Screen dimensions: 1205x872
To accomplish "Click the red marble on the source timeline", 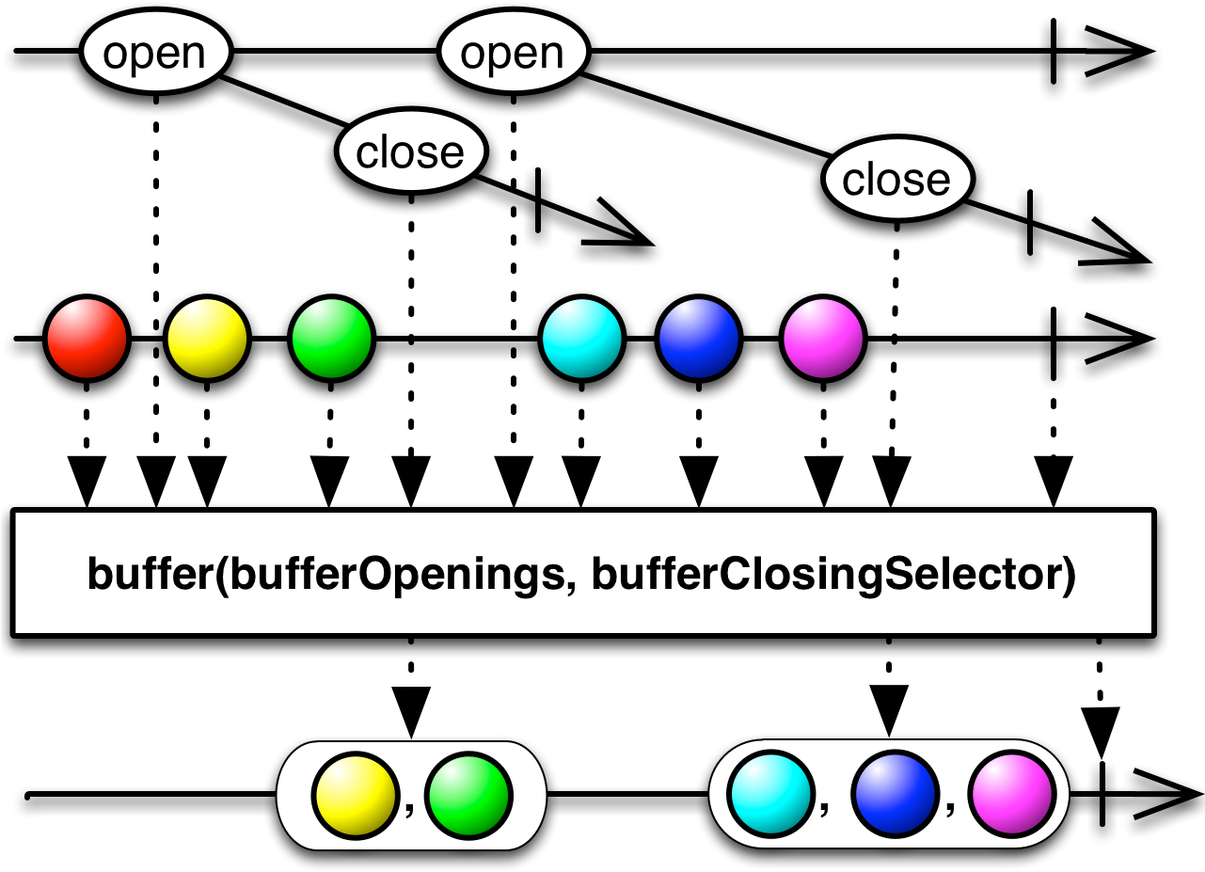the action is (87, 339).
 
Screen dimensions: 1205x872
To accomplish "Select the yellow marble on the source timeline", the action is (207, 339).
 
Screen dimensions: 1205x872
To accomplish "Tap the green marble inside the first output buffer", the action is (468, 796).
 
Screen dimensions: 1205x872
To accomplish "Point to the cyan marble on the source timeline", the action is (581, 339).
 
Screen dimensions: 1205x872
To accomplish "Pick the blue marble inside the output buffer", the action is (895, 794).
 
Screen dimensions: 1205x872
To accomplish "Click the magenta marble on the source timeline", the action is (822, 339).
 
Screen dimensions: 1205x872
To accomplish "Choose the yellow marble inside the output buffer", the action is (356, 796).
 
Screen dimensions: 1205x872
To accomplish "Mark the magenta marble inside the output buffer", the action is (1012, 794).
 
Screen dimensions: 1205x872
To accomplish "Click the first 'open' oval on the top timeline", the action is (155, 52).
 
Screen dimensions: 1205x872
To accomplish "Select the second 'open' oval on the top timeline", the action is (514, 52).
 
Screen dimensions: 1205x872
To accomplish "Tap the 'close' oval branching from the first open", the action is (411, 151).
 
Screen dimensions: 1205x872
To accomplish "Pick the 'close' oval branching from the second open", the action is (897, 179).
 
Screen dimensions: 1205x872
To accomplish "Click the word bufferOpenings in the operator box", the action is (398, 575).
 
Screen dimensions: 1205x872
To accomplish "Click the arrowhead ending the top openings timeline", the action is (1119, 51).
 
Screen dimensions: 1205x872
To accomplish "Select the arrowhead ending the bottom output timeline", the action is (1168, 795).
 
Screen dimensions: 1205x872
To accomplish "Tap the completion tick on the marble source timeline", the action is (1053, 339).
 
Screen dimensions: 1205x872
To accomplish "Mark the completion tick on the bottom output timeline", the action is (1102, 794).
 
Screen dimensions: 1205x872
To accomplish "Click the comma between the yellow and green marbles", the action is (410, 809).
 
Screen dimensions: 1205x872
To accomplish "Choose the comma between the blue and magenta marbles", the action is (951, 807).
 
